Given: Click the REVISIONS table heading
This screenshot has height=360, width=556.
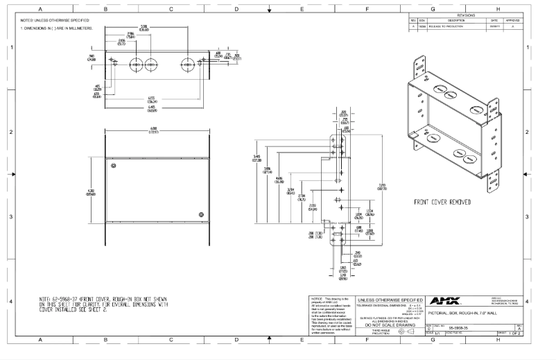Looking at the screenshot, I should pos(466,15).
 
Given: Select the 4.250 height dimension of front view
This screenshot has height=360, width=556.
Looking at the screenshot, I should pos(91,192).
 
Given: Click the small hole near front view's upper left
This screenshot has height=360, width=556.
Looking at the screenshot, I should pos(110,165).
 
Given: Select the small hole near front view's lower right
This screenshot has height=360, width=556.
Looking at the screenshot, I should pos(202,213).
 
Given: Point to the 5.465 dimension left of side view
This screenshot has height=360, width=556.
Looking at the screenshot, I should pos(257,158).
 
